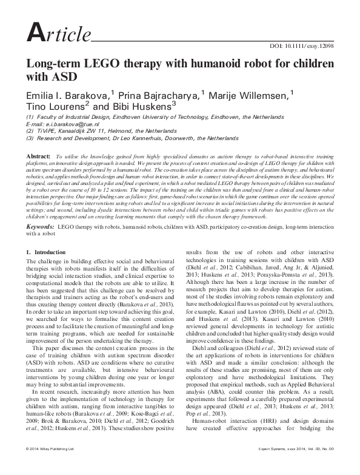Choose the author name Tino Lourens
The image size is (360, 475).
click(x=52, y=107)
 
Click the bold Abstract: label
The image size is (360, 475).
click(x=38, y=157)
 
